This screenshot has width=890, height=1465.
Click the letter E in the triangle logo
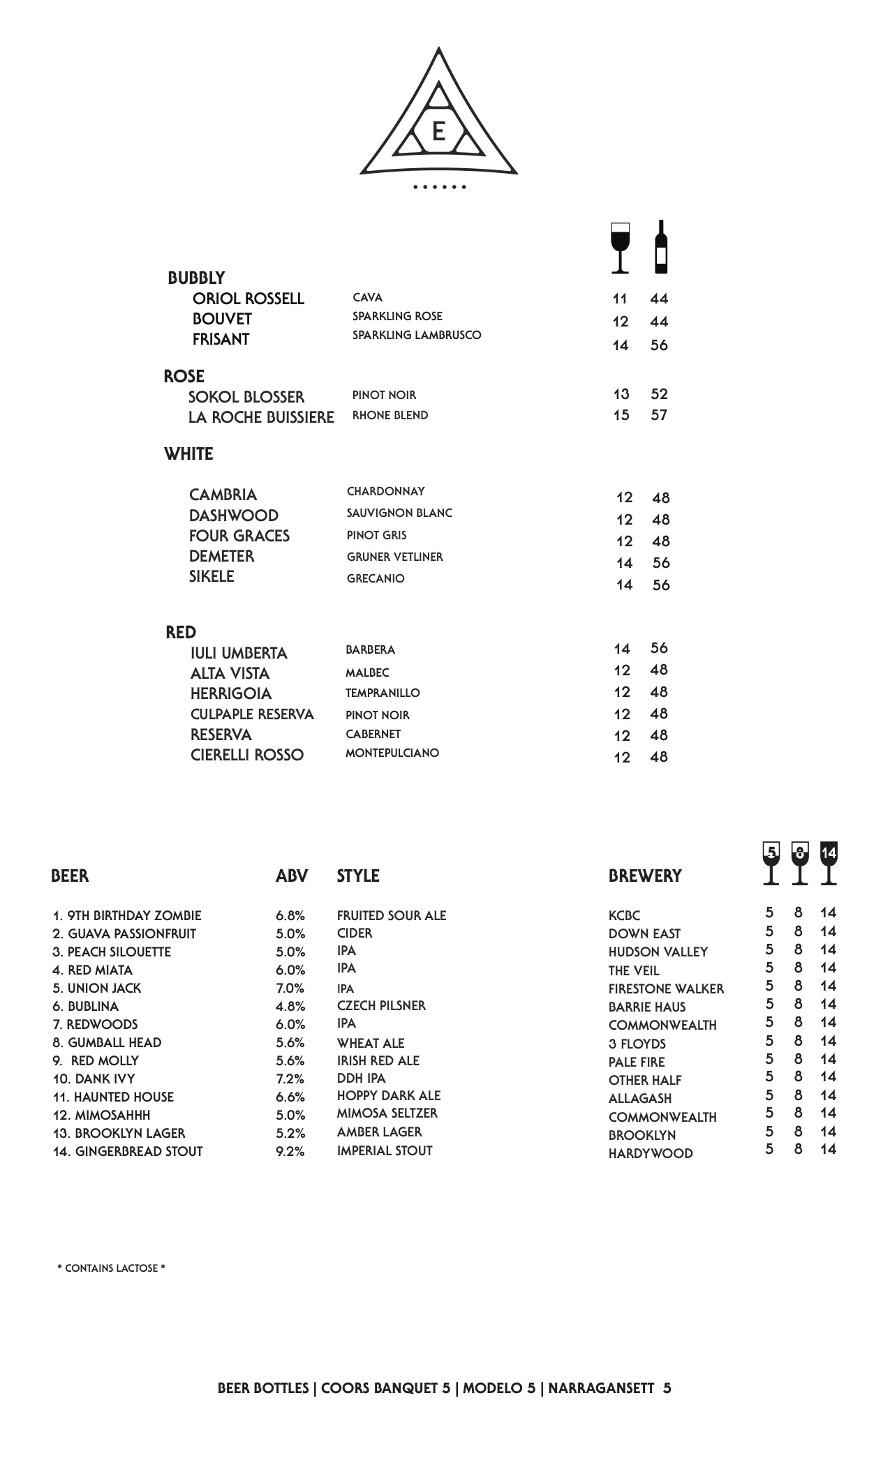click(x=438, y=131)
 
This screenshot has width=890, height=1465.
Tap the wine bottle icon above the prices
click(x=660, y=248)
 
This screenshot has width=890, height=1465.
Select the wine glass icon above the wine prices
click(x=620, y=248)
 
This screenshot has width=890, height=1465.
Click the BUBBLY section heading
click(x=196, y=278)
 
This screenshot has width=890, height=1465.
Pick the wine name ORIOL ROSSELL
click(x=248, y=299)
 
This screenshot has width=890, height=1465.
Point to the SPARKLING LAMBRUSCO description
click(x=417, y=335)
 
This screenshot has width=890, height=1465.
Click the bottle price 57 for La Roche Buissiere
click(x=659, y=415)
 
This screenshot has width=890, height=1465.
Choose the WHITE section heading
click(x=188, y=454)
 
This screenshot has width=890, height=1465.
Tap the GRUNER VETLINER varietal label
click(x=394, y=557)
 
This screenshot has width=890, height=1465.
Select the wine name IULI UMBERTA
click(x=239, y=653)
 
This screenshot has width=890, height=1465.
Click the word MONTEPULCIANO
click(x=392, y=753)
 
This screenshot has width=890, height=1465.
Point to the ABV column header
click(x=291, y=876)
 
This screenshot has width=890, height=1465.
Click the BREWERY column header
click(x=644, y=876)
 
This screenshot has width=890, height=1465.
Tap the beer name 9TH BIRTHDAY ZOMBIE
click(x=127, y=916)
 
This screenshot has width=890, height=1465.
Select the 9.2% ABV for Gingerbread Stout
click(x=290, y=1152)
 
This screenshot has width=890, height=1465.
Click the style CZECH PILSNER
click(x=380, y=1005)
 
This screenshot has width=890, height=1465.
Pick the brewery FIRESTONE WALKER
click(x=666, y=989)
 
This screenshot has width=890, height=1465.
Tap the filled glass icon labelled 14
click(x=829, y=863)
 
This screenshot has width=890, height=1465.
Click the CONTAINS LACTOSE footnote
click(x=112, y=1268)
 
